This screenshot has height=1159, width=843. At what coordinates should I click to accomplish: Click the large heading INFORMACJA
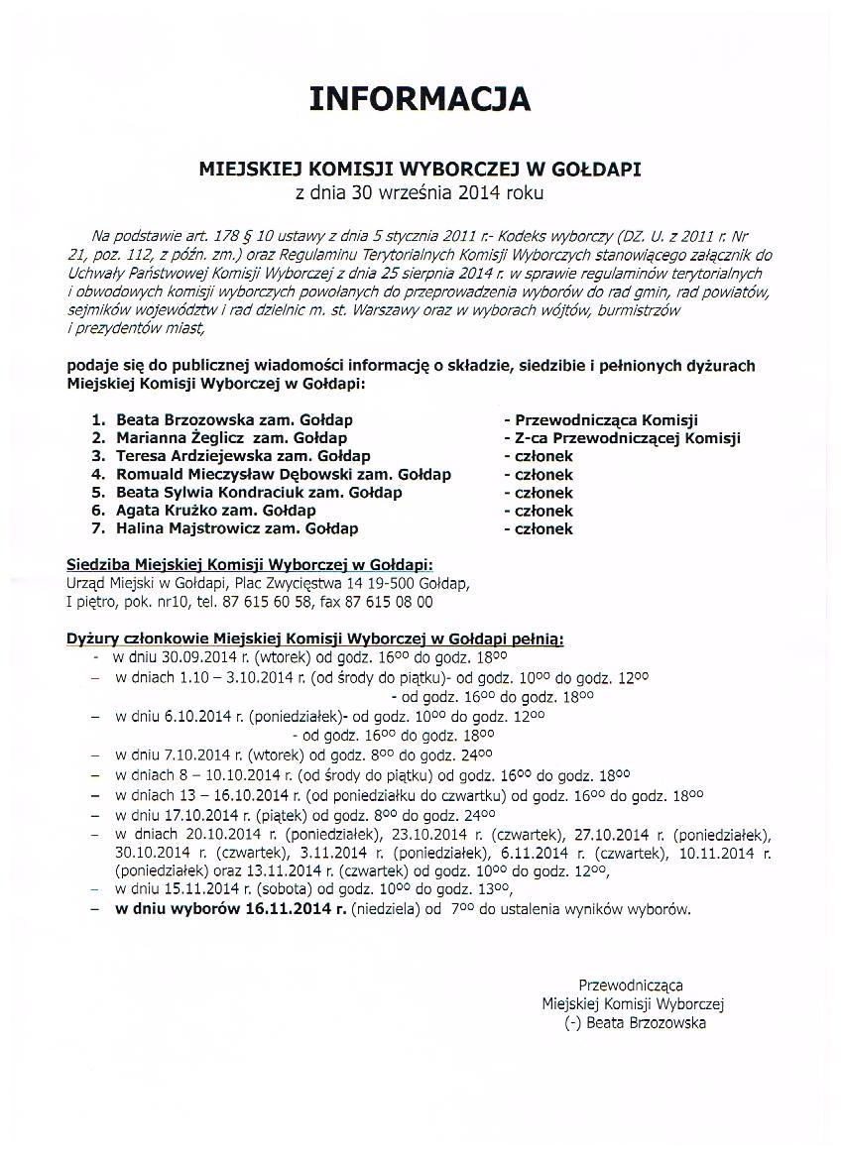click(x=420, y=99)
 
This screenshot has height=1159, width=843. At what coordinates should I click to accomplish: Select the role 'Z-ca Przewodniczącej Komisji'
click(x=627, y=438)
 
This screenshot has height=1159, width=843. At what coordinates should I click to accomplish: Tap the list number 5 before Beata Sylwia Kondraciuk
click(x=97, y=493)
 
